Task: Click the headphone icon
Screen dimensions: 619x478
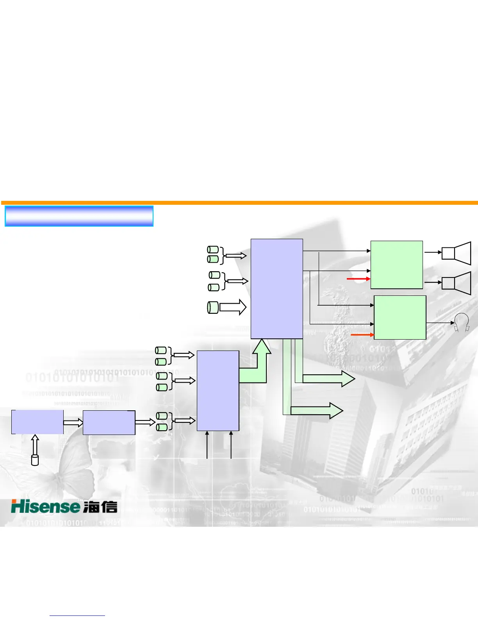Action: [x=462, y=323]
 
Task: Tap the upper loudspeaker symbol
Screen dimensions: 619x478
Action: [x=456, y=253]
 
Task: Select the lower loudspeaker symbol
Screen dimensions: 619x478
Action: [x=456, y=283]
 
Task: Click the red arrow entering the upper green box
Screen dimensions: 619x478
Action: [x=358, y=279]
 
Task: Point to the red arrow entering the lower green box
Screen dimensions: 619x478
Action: [x=362, y=335]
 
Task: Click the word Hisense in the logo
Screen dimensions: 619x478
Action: [x=45, y=506]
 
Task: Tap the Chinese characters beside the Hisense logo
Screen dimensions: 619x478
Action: [x=100, y=507]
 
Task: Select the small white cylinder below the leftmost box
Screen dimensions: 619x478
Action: [x=35, y=460]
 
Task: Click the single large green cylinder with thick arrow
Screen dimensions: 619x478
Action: [x=213, y=308]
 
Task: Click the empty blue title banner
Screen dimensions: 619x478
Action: [x=79, y=216]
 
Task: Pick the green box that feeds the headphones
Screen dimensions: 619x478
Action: [x=400, y=317]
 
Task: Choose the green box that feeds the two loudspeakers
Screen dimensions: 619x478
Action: [x=396, y=265]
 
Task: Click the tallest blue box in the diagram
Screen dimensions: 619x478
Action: [x=276, y=288]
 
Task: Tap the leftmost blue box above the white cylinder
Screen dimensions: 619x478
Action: [x=37, y=422]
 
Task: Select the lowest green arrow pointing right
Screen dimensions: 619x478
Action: [x=316, y=410]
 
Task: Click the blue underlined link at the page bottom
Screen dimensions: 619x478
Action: [x=77, y=615]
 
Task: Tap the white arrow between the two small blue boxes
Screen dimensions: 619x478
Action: [x=73, y=422]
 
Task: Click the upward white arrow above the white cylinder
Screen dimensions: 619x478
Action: [x=35, y=444]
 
